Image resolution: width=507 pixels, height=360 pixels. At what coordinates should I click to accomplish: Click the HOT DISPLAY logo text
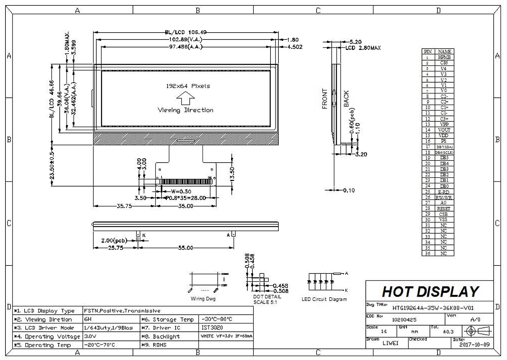[x=430, y=292]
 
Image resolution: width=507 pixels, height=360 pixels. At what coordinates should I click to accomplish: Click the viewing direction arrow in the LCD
[x=185, y=98]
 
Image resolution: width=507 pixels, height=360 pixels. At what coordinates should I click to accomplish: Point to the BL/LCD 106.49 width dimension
[x=186, y=32]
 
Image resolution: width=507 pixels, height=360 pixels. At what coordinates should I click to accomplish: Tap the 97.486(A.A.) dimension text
[x=186, y=47]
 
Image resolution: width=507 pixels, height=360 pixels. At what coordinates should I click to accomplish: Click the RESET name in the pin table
[x=444, y=209]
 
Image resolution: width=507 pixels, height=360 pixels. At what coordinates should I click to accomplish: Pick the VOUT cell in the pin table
[x=444, y=130]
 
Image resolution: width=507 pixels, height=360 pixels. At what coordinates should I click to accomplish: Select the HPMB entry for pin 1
[x=444, y=57]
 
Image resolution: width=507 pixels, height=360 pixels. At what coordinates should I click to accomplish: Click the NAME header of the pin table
[x=444, y=52]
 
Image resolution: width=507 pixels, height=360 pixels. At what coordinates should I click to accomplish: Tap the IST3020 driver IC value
[x=212, y=328]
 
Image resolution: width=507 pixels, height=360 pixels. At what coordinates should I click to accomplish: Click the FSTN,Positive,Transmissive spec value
[x=122, y=311]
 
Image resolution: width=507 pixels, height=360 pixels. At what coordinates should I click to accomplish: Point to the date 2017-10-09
[x=474, y=344]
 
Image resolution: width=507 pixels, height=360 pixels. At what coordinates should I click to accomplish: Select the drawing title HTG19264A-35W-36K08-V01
[x=433, y=308]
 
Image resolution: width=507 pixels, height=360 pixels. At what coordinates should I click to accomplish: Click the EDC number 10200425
[x=404, y=320]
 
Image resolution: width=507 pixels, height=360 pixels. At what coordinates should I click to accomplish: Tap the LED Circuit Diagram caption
[x=324, y=299]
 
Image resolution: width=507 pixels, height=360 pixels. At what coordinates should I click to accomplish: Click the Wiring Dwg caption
[x=203, y=299]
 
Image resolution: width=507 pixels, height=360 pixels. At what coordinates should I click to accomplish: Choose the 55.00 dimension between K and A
[x=185, y=248]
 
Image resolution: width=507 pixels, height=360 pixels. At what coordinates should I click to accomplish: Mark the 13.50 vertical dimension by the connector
[x=232, y=174]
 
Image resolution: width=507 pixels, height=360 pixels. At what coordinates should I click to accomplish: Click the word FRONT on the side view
[x=324, y=99]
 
